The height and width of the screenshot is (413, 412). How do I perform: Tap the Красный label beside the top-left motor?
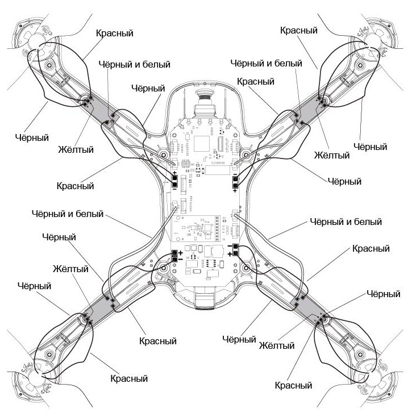114,33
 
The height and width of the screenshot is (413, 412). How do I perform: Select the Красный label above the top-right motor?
298,30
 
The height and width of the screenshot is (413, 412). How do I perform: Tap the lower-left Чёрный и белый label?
68,214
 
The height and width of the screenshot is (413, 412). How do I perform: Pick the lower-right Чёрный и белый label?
344,222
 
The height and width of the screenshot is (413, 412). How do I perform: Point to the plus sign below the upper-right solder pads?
235,191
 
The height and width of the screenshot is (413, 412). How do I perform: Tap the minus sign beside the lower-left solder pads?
181,259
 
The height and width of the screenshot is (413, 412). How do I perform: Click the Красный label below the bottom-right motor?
293,386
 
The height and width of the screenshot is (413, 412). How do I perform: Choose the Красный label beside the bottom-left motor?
129,378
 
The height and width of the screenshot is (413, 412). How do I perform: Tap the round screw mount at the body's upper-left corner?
163,154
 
